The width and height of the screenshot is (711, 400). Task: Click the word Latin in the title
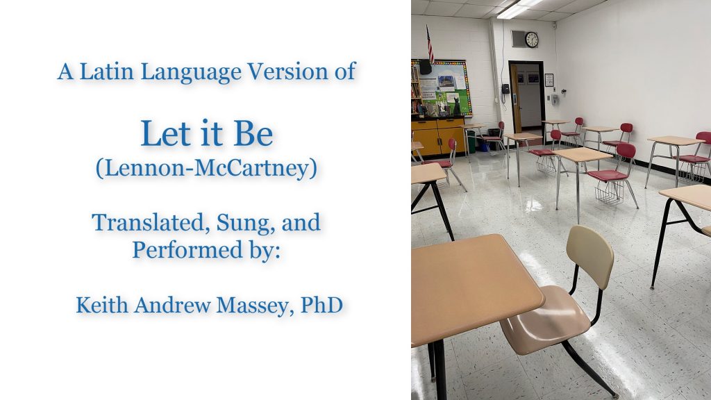pos(106,72)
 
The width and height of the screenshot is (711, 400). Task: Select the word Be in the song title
pos(253,134)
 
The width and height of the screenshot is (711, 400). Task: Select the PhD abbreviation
pos(321,305)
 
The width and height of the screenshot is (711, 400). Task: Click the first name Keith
pos(101,305)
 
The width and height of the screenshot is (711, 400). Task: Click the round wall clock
pos(531,40)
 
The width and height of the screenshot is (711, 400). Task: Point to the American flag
pos(429,44)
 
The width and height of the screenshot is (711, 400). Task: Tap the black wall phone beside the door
pos(505,88)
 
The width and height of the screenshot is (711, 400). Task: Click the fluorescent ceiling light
pos(519,8)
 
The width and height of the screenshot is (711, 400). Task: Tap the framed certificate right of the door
pos(549,80)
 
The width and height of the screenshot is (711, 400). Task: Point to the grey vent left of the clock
pos(517,39)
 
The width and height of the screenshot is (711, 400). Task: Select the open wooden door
pos(516,99)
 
